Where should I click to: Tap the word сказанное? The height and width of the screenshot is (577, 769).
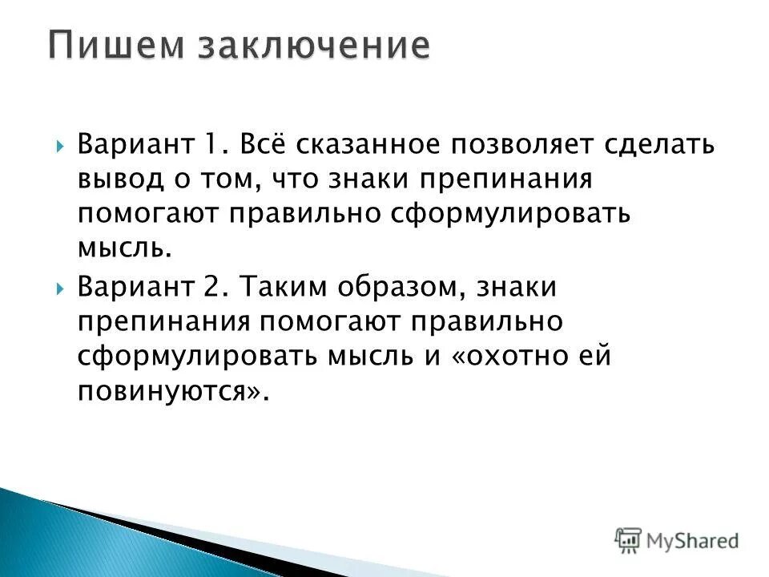tap(360, 146)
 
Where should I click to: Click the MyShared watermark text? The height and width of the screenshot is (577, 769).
tap(693, 540)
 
